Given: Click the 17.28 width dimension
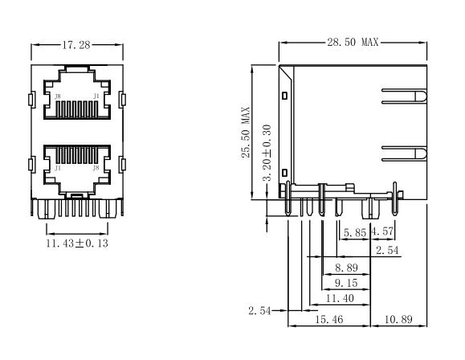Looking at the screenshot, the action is (x=76, y=45).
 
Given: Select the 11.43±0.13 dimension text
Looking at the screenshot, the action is (x=77, y=243).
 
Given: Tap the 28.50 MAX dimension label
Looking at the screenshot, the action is (x=353, y=42).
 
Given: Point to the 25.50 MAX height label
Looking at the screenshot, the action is (x=246, y=132).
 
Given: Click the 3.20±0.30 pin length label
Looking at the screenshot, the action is (x=267, y=153).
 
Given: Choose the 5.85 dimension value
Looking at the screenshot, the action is (x=355, y=233).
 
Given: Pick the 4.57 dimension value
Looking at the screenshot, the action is (x=383, y=231).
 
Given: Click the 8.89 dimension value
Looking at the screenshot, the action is (x=346, y=268).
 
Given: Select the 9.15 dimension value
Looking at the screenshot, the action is (x=346, y=283).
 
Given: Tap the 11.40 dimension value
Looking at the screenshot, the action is (x=340, y=298).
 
